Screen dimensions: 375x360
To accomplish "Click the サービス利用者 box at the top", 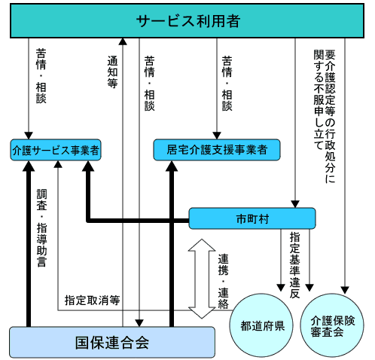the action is tap(187, 20).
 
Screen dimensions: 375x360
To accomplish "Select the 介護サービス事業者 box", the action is tap(56, 150).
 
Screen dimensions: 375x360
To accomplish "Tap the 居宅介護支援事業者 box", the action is tap(217, 150).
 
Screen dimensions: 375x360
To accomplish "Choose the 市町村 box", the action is tap(252, 218).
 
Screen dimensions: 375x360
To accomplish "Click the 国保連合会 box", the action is tap(112, 342).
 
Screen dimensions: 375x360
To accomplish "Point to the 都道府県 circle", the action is tap(261, 325).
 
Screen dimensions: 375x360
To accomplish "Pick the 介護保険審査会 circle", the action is tap(332, 325).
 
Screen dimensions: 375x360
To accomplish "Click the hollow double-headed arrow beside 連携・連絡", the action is tap(202, 279).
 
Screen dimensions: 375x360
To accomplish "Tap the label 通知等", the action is tap(112, 72).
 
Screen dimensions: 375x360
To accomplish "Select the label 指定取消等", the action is tap(92, 301).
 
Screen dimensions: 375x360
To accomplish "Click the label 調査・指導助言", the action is tap(41, 227).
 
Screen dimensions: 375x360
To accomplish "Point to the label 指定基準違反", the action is tap(295, 265).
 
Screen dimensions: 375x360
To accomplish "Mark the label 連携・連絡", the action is tap(223, 281).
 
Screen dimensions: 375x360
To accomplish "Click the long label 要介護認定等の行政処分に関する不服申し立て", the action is tap(325, 116).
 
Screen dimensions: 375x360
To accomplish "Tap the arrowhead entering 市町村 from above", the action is tap(295, 204).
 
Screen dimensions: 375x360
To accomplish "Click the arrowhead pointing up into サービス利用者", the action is tap(123, 41).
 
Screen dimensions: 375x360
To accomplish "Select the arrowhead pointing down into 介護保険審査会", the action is tap(345, 290).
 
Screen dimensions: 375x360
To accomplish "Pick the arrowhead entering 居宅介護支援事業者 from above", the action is tap(217, 136).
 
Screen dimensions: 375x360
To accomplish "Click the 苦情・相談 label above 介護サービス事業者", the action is tap(41, 76).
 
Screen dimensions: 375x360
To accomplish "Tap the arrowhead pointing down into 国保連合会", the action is tap(139, 323).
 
